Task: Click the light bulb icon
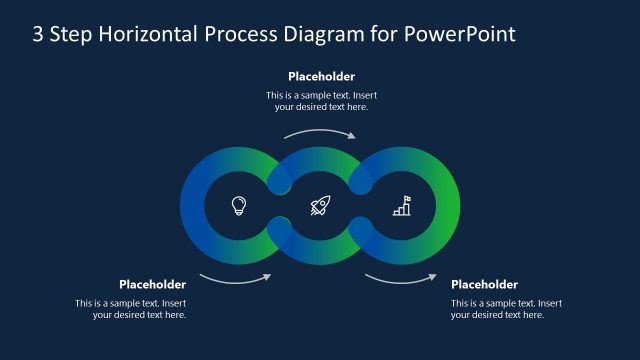pyautogui.click(x=239, y=206)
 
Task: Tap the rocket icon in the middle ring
pyautogui.click(x=320, y=206)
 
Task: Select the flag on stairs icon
pyautogui.click(x=401, y=206)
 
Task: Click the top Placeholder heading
pyautogui.click(x=321, y=76)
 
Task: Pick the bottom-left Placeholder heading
pyautogui.click(x=152, y=284)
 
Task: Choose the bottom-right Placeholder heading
pyautogui.click(x=484, y=284)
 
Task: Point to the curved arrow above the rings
pyautogui.click(x=320, y=133)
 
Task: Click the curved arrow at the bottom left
pyautogui.click(x=235, y=277)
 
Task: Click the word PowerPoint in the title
pyautogui.click(x=460, y=34)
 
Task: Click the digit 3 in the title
pyautogui.click(x=38, y=34)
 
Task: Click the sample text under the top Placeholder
pyautogui.click(x=321, y=101)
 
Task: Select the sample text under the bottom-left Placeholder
pyautogui.click(x=131, y=309)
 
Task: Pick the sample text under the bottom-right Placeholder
pyautogui.click(x=506, y=309)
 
